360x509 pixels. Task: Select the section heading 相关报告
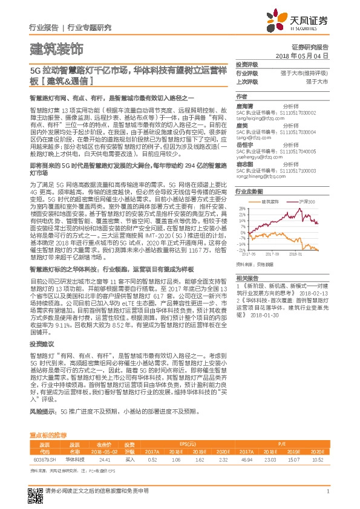click(246, 277)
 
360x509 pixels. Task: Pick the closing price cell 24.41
click(103, 460)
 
